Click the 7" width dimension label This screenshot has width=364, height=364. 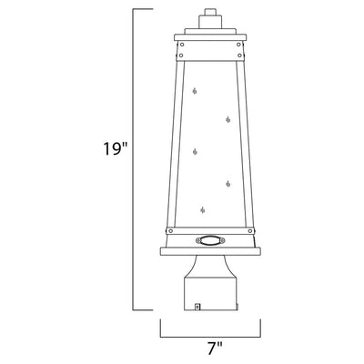(x=215, y=349)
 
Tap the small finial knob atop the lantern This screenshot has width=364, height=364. (x=209, y=12)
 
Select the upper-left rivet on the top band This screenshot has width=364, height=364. (x=182, y=45)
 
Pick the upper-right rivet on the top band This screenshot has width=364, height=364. (x=239, y=45)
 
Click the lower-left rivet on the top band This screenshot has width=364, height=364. (x=181, y=56)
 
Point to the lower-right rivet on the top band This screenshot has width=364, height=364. (x=240, y=56)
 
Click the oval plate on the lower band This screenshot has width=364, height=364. (x=210, y=240)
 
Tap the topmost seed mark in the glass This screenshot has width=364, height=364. (x=195, y=91)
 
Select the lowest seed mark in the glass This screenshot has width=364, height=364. (x=203, y=210)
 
